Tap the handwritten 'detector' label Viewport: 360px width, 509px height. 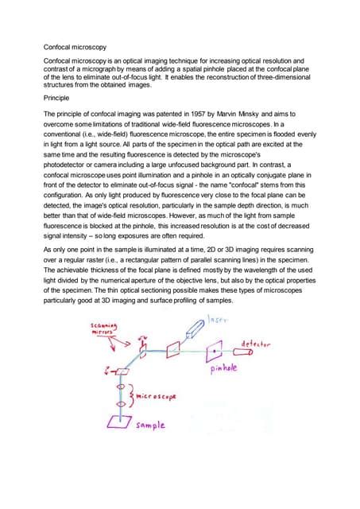[256, 345]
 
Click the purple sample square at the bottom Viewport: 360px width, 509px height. [121, 422]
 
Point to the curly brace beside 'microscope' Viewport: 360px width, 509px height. [130, 394]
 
